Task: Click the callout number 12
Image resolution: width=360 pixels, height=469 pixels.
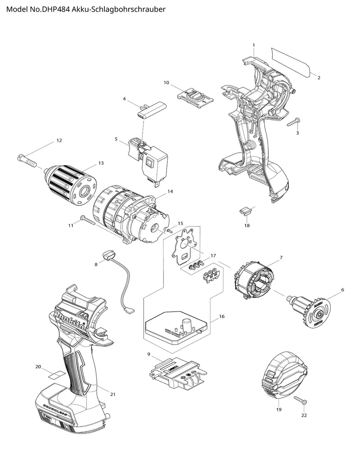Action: [x=59, y=141]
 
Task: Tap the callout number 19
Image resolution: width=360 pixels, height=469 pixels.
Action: [x=279, y=410]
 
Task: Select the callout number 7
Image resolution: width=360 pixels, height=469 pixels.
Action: [x=281, y=257]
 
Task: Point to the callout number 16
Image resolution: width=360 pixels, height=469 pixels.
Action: [x=221, y=317]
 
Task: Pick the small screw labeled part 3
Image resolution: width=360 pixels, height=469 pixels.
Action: [x=295, y=121]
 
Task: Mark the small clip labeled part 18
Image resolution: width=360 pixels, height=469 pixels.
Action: [x=246, y=211]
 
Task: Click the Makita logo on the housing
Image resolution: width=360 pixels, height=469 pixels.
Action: [x=72, y=321]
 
